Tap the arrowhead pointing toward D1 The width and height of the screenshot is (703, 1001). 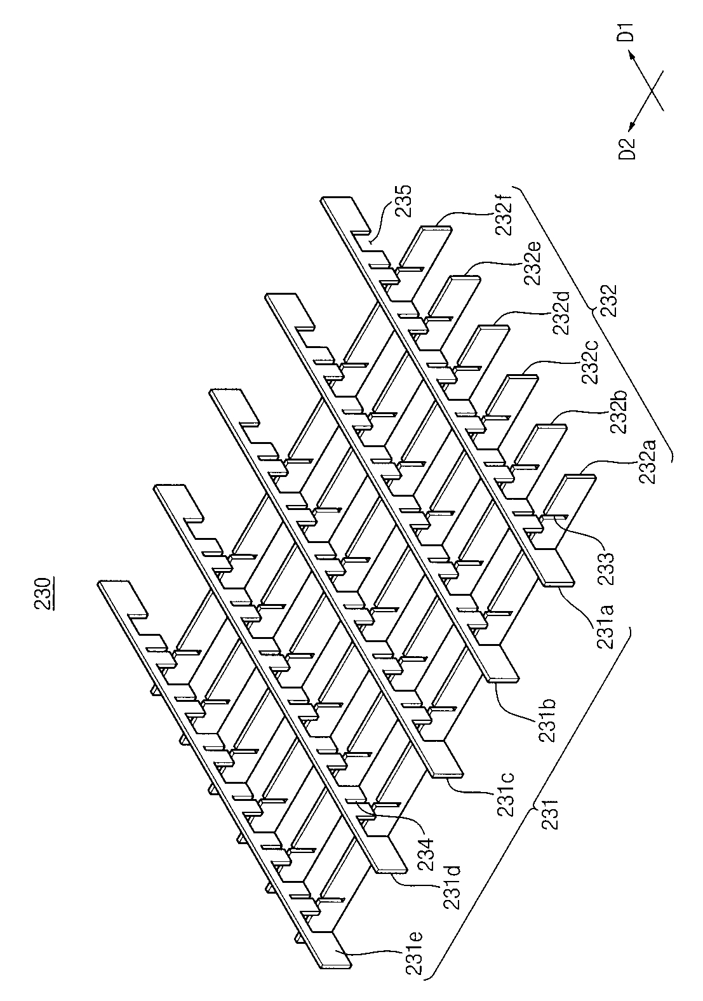click(x=633, y=56)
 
